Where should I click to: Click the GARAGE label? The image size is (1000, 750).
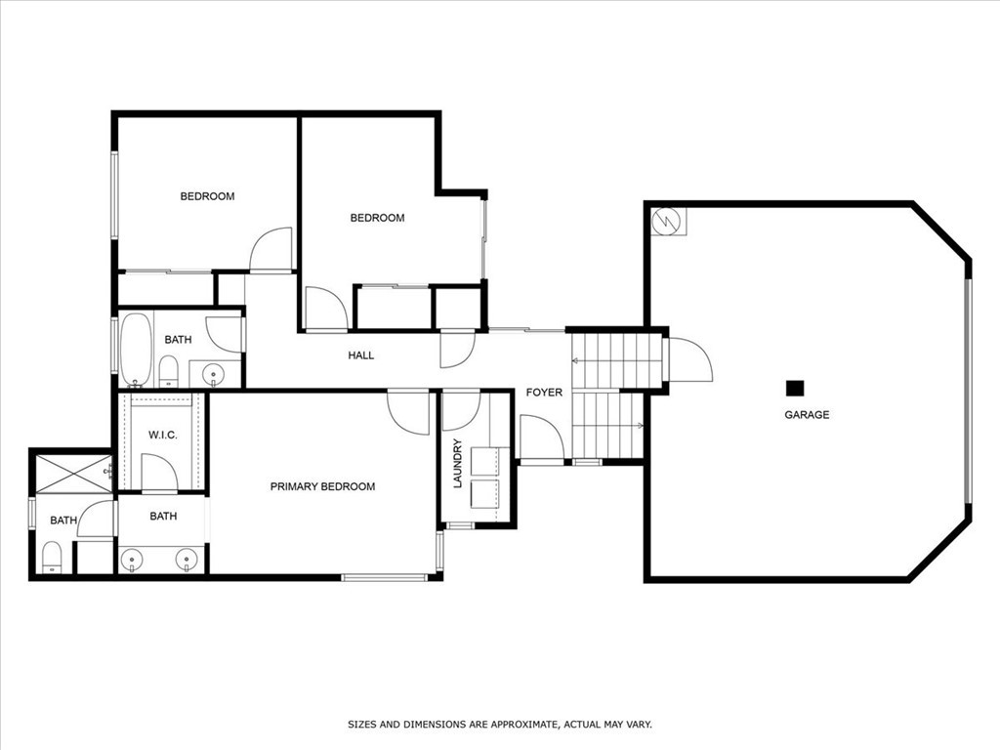tap(807, 415)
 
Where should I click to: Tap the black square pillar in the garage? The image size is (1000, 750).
tap(795, 388)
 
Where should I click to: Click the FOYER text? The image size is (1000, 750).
tap(544, 393)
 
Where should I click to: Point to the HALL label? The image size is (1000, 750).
tap(361, 355)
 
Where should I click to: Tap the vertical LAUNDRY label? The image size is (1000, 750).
tap(457, 463)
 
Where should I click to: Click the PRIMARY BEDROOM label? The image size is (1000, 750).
tap(322, 486)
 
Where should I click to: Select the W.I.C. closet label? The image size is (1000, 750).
tap(162, 435)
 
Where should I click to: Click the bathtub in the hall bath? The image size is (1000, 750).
tap(135, 348)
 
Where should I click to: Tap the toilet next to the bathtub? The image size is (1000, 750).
tap(168, 370)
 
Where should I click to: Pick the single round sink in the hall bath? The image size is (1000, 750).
tap(215, 373)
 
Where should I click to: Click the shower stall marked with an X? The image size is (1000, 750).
tap(74, 474)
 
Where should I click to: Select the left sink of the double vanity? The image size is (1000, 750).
tap(132, 559)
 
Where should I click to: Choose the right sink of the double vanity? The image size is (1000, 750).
tap(186, 559)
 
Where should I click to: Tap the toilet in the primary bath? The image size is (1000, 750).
tap(52, 558)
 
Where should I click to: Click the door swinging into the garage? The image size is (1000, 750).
tap(688, 360)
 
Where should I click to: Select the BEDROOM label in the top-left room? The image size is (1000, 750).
tap(207, 196)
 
